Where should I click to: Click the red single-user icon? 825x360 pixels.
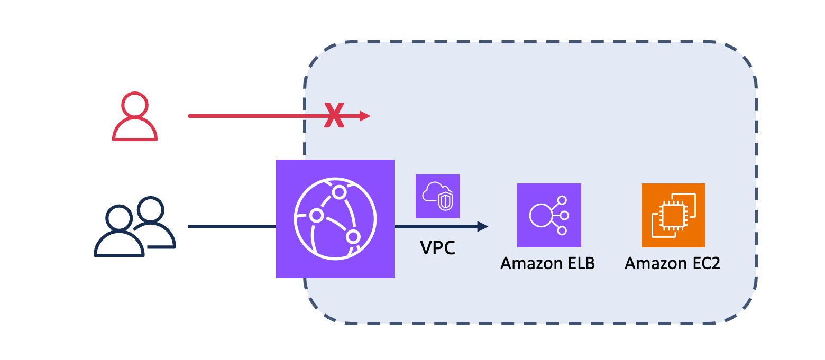[134, 117]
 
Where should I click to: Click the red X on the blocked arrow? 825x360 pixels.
[334, 116]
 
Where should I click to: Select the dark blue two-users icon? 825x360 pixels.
[134, 227]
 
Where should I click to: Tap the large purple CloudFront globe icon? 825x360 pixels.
[335, 218]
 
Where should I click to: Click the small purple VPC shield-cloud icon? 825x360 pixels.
[437, 196]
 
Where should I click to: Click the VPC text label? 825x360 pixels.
[437, 247]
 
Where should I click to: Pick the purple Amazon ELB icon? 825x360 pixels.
[548, 215]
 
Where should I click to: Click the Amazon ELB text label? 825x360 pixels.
[547, 263]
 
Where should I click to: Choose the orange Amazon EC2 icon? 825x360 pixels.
[673, 215]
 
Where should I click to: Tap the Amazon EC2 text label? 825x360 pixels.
[672, 263]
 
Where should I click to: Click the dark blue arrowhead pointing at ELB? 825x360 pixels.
[482, 227]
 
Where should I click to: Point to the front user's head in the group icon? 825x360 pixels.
[118, 217]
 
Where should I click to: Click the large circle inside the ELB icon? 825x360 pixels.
[540, 215]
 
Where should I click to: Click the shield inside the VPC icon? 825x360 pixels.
[445, 201]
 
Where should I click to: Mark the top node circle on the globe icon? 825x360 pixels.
[338, 191]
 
